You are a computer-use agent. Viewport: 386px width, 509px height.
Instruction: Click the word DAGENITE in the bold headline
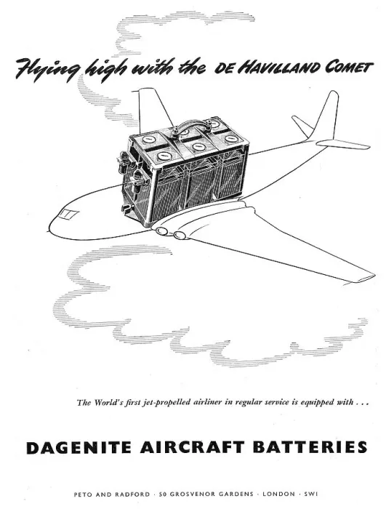tap(80, 447)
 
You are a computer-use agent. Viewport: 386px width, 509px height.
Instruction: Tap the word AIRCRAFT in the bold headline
tap(193, 447)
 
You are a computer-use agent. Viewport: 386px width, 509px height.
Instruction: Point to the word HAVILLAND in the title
tap(277, 68)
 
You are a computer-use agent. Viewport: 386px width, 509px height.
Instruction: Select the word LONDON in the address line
tap(278, 494)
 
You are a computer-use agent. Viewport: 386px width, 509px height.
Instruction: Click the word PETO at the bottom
tap(82, 494)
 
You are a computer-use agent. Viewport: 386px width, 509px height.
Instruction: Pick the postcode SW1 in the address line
tap(311, 494)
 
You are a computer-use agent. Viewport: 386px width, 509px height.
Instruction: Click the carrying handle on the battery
tap(191, 125)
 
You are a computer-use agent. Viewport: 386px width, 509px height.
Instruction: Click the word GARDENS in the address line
tap(237, 494)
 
